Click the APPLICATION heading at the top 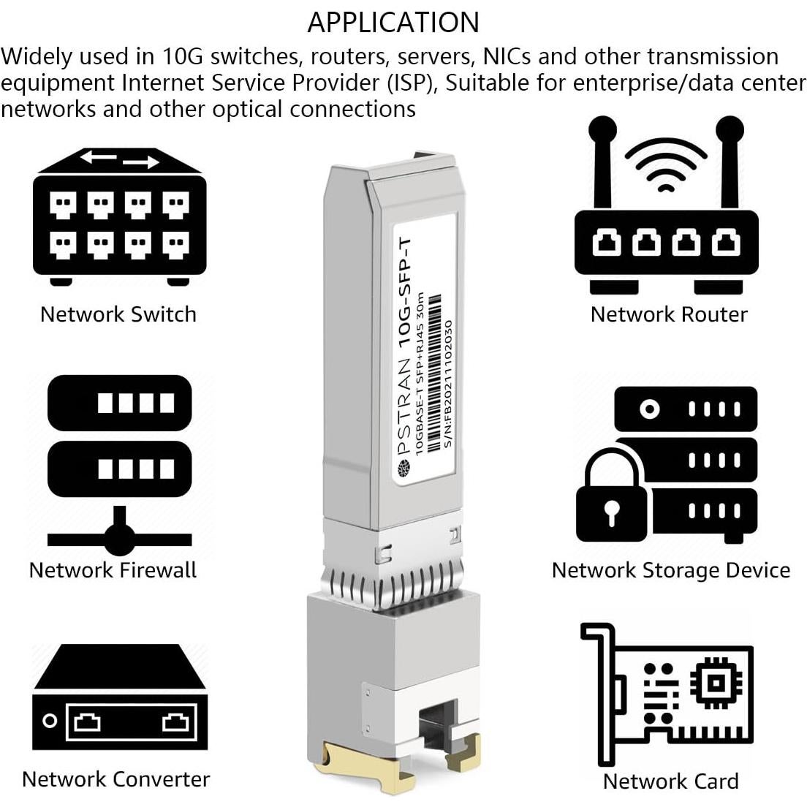393,23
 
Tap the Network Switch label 118,314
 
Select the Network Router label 669,314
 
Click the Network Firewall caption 113,570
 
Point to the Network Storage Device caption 670,570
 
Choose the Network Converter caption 115,779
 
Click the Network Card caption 670,781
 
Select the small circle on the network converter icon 50,721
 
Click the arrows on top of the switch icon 119,159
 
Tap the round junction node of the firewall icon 119,539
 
